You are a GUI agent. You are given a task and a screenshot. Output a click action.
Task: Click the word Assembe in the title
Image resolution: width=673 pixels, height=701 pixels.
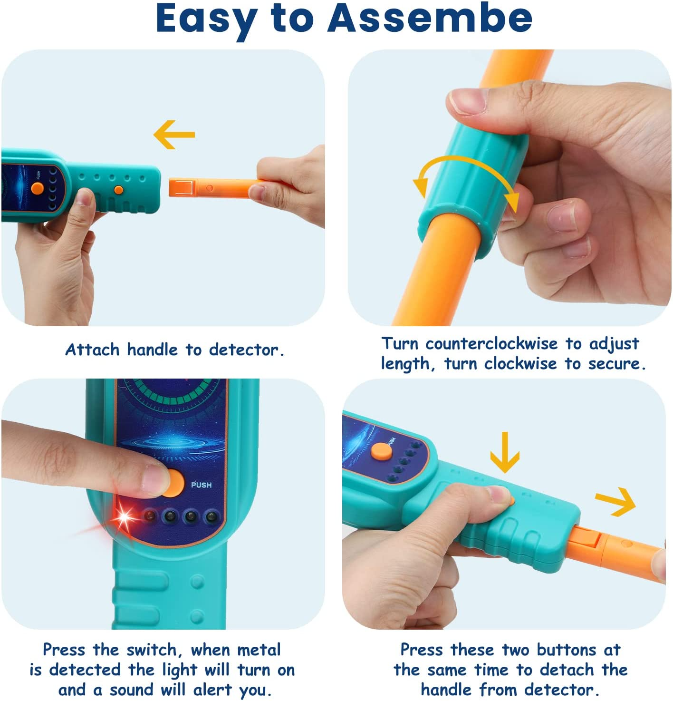click(430, 18)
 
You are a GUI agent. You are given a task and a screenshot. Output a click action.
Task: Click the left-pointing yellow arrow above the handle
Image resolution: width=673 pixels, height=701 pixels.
click(174, 135)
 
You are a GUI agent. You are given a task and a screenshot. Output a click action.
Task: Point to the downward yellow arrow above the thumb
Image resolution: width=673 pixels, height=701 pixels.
click(504, 452)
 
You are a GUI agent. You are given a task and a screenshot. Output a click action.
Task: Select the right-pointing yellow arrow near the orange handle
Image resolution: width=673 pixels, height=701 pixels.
click(616, 502)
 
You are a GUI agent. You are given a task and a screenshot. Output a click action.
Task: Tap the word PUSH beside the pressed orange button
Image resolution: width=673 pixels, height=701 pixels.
click(201, 485)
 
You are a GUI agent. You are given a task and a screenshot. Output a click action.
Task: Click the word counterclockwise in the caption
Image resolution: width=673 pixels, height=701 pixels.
click(491, 343)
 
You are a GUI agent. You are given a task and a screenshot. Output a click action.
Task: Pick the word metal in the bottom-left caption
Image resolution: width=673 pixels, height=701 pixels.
click(259, 650)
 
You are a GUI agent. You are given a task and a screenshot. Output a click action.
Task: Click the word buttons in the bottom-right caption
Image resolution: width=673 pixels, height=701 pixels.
click(566, 650)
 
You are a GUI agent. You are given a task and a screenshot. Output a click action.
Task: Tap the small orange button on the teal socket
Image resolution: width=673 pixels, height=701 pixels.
click(118, 190)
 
